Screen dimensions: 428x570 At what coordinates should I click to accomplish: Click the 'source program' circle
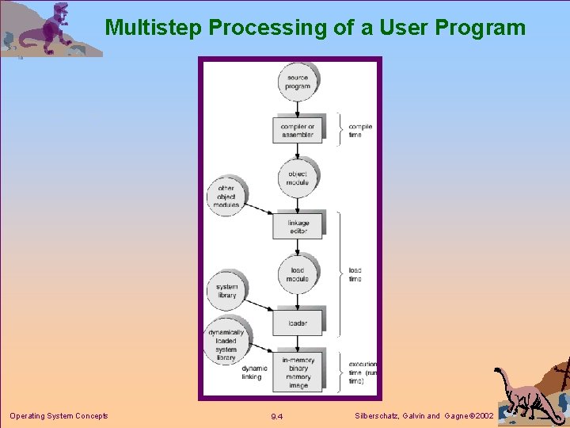[x=298, y=82]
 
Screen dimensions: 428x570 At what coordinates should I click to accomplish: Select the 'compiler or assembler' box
[x=298, y=130]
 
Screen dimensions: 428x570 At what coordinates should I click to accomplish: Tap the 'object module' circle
[x=298, y=178]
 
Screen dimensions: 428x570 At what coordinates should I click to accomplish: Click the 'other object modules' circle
[x=226, y=196]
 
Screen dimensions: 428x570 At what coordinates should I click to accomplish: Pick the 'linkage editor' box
[x=298, y=227]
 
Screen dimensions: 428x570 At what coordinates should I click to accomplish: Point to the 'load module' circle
[x=298, y=274]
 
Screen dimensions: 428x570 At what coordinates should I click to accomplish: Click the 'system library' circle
[x=226, y=291]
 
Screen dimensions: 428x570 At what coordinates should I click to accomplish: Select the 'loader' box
[x=298, y=323]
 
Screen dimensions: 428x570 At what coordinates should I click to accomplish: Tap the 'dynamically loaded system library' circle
[x=226, y=344]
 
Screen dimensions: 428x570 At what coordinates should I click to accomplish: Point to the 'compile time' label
[x=360, y=131]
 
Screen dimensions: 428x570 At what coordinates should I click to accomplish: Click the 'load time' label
[x=355, y=274]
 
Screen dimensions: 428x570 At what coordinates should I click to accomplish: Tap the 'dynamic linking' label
[x=254, y=373]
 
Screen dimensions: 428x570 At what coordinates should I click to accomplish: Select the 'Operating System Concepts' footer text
[x=59, y=415]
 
